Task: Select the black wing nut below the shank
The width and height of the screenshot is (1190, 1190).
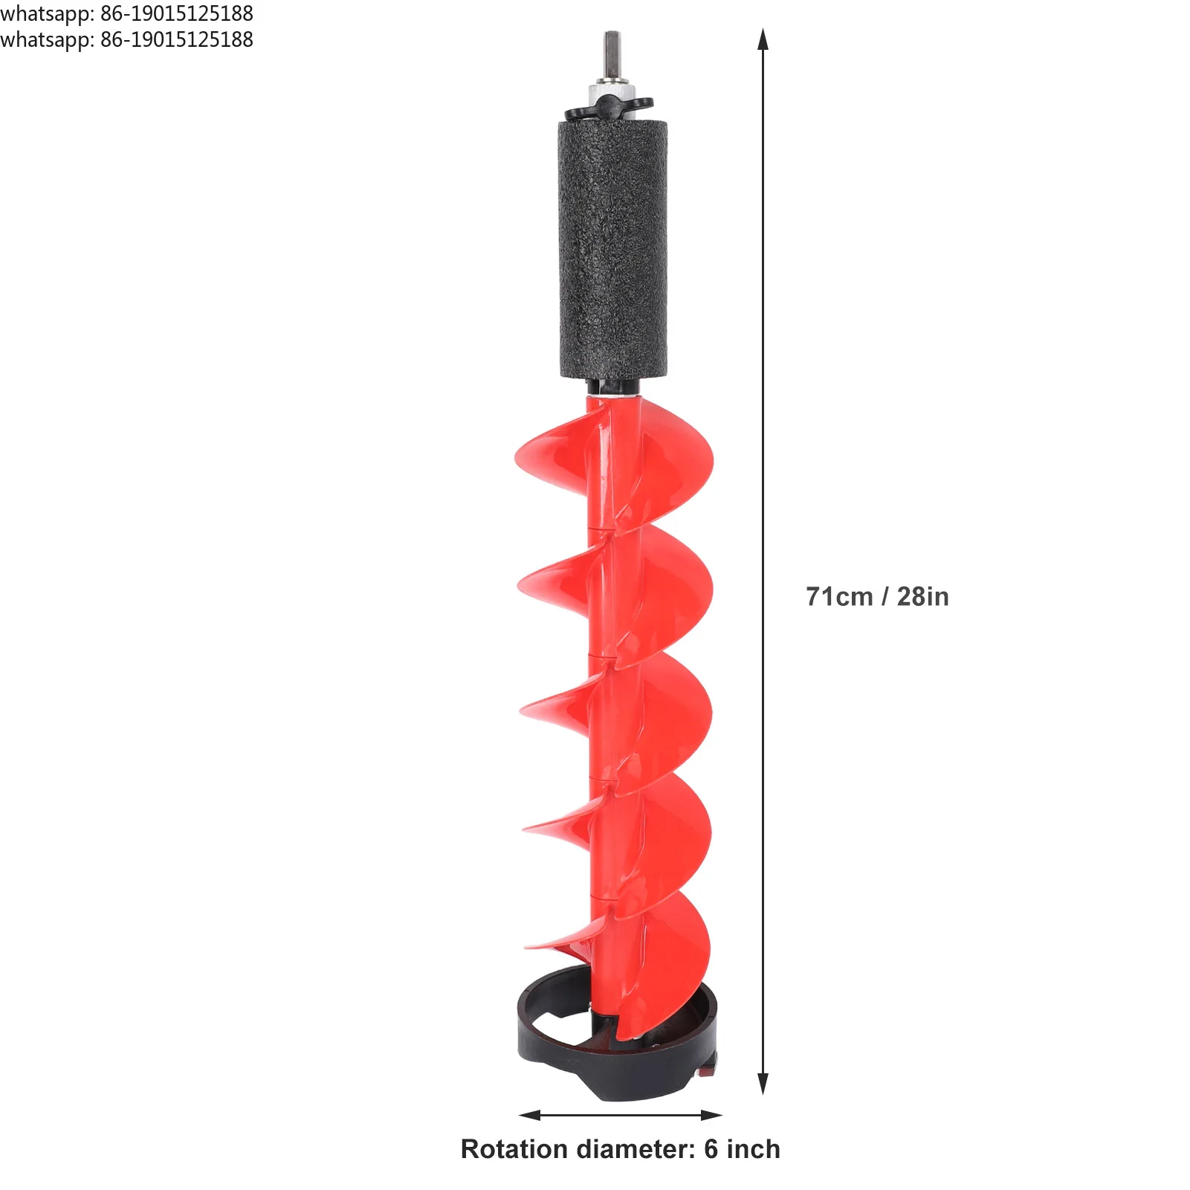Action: (609, 109)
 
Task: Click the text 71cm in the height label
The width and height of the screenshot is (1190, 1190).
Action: (839, 597)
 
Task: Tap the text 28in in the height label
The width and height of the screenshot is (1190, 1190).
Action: (922, 597)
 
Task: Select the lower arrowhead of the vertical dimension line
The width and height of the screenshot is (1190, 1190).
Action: (762, 1083)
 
